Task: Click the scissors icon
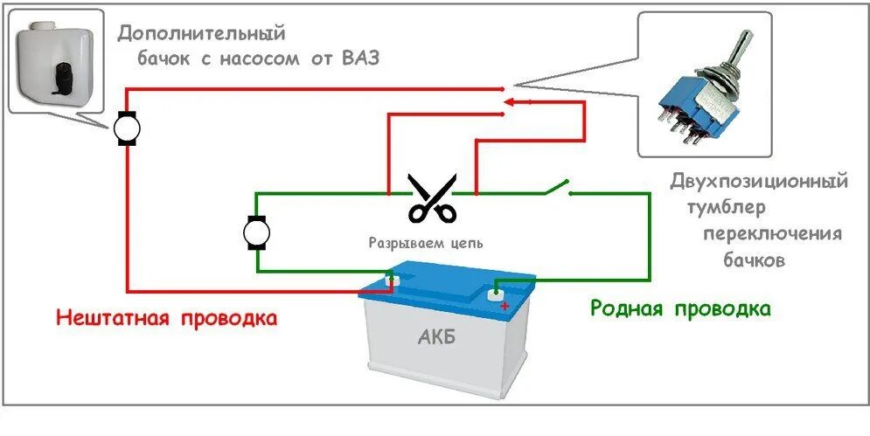coord(432,198)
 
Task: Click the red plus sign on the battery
coord(505,305)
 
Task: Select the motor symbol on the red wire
coord(128,129)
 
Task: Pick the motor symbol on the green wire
coord(256,232)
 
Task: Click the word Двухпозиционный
coord(759,183)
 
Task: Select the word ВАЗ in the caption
coord(364,59)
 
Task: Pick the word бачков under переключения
coord(755,260)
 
